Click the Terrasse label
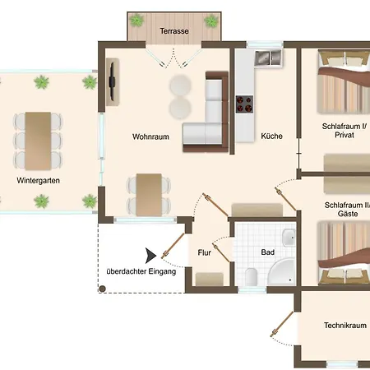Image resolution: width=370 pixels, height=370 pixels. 174,31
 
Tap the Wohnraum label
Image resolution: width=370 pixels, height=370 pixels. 150,136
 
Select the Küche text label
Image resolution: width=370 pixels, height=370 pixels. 271,136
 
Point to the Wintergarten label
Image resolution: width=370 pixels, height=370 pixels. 38,181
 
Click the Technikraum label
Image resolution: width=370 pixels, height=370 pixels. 345,326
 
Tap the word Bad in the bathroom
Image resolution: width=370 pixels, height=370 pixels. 267,252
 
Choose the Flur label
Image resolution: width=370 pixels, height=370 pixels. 204,252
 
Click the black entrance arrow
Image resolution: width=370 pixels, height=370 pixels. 150,256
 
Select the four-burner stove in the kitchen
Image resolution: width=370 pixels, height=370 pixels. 244,104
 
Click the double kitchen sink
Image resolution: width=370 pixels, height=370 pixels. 268,58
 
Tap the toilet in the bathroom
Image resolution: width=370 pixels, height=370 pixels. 251,276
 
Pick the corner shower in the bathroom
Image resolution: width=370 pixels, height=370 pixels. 281,271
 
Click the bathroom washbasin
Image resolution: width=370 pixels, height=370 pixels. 289,238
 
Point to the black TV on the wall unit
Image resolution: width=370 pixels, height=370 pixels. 112,81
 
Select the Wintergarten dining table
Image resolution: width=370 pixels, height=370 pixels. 38,141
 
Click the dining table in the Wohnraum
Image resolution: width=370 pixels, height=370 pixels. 149,195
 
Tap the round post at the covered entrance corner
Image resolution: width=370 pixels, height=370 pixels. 102,289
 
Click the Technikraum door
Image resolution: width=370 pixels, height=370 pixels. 282,324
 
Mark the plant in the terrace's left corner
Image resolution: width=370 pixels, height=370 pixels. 136,21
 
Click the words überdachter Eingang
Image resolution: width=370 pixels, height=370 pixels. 141,271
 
